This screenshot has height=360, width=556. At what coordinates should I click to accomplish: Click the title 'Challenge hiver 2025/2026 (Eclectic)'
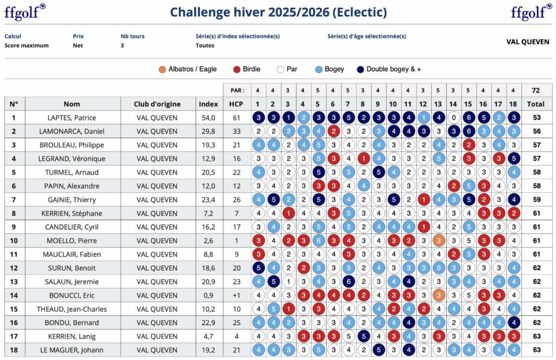pos(278,12)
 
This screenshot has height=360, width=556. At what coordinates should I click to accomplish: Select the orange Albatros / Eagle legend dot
pos(162,70)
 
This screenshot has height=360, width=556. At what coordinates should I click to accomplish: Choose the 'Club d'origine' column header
pos(157,104)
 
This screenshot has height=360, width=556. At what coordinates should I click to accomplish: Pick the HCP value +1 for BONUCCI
pos(236,295)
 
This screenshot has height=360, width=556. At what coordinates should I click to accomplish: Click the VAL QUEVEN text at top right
pos(527,42)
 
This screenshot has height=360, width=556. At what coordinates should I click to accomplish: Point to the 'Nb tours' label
pos(132,36)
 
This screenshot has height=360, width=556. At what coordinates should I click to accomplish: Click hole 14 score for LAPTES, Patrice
pos(453,118)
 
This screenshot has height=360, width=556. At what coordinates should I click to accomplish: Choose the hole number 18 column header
pos(513,104)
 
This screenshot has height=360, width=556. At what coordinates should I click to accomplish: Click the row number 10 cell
pos(14,241)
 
